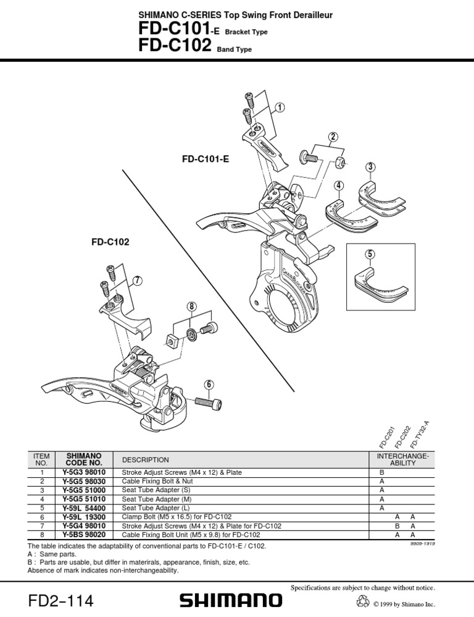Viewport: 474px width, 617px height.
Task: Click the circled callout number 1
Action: (280, 108)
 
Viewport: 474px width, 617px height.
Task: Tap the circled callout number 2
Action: (333, 137)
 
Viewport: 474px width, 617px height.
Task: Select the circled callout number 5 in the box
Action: (369, 254)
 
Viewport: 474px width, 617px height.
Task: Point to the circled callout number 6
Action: (209, 384)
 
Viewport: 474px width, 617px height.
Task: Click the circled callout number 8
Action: (192, 306)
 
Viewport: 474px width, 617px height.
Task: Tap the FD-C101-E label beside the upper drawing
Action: (205, 159)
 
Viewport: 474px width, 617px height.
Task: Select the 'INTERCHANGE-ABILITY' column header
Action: (402, 459)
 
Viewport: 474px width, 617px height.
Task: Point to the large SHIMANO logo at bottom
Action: (230, 599)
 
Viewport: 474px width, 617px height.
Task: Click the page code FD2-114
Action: (61, 600)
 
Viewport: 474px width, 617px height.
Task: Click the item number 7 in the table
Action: (41, 526)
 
